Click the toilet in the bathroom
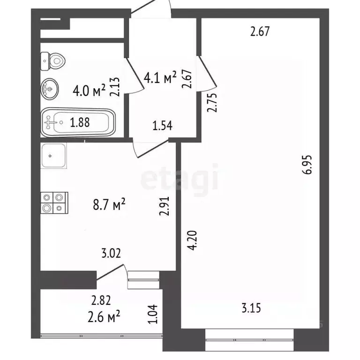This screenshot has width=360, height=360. pos(53,61)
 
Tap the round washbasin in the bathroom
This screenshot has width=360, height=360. pos(50,89)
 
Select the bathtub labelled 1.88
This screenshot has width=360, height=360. pos(78,122)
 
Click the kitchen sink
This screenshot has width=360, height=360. pos(54,156)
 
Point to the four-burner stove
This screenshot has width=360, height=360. pos(54,202)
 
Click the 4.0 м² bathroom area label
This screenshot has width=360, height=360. pos(89,90)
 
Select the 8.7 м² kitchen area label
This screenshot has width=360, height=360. pos(109,204)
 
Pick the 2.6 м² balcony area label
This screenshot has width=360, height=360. pos(104,316)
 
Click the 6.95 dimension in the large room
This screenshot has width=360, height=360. pos(308,165)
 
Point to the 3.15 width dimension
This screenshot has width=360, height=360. pos(251,308)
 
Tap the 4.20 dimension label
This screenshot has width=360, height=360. pos(192,240)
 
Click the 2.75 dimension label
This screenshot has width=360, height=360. pos(212,102)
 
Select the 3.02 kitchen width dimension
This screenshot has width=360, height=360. pos(111,253)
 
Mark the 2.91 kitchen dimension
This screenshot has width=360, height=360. pos(165,206)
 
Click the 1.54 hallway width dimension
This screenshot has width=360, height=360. pos(162,126)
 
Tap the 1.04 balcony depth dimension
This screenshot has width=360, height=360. pos(153,314)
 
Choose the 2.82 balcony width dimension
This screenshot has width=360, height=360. pos(101,300)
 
